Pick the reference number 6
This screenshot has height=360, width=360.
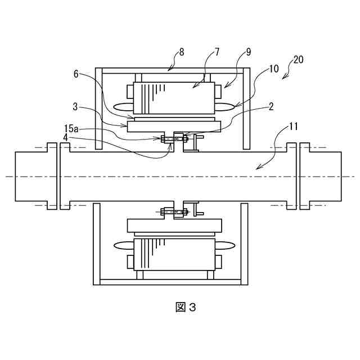coord(76,74)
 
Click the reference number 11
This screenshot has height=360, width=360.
coord(292,127)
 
